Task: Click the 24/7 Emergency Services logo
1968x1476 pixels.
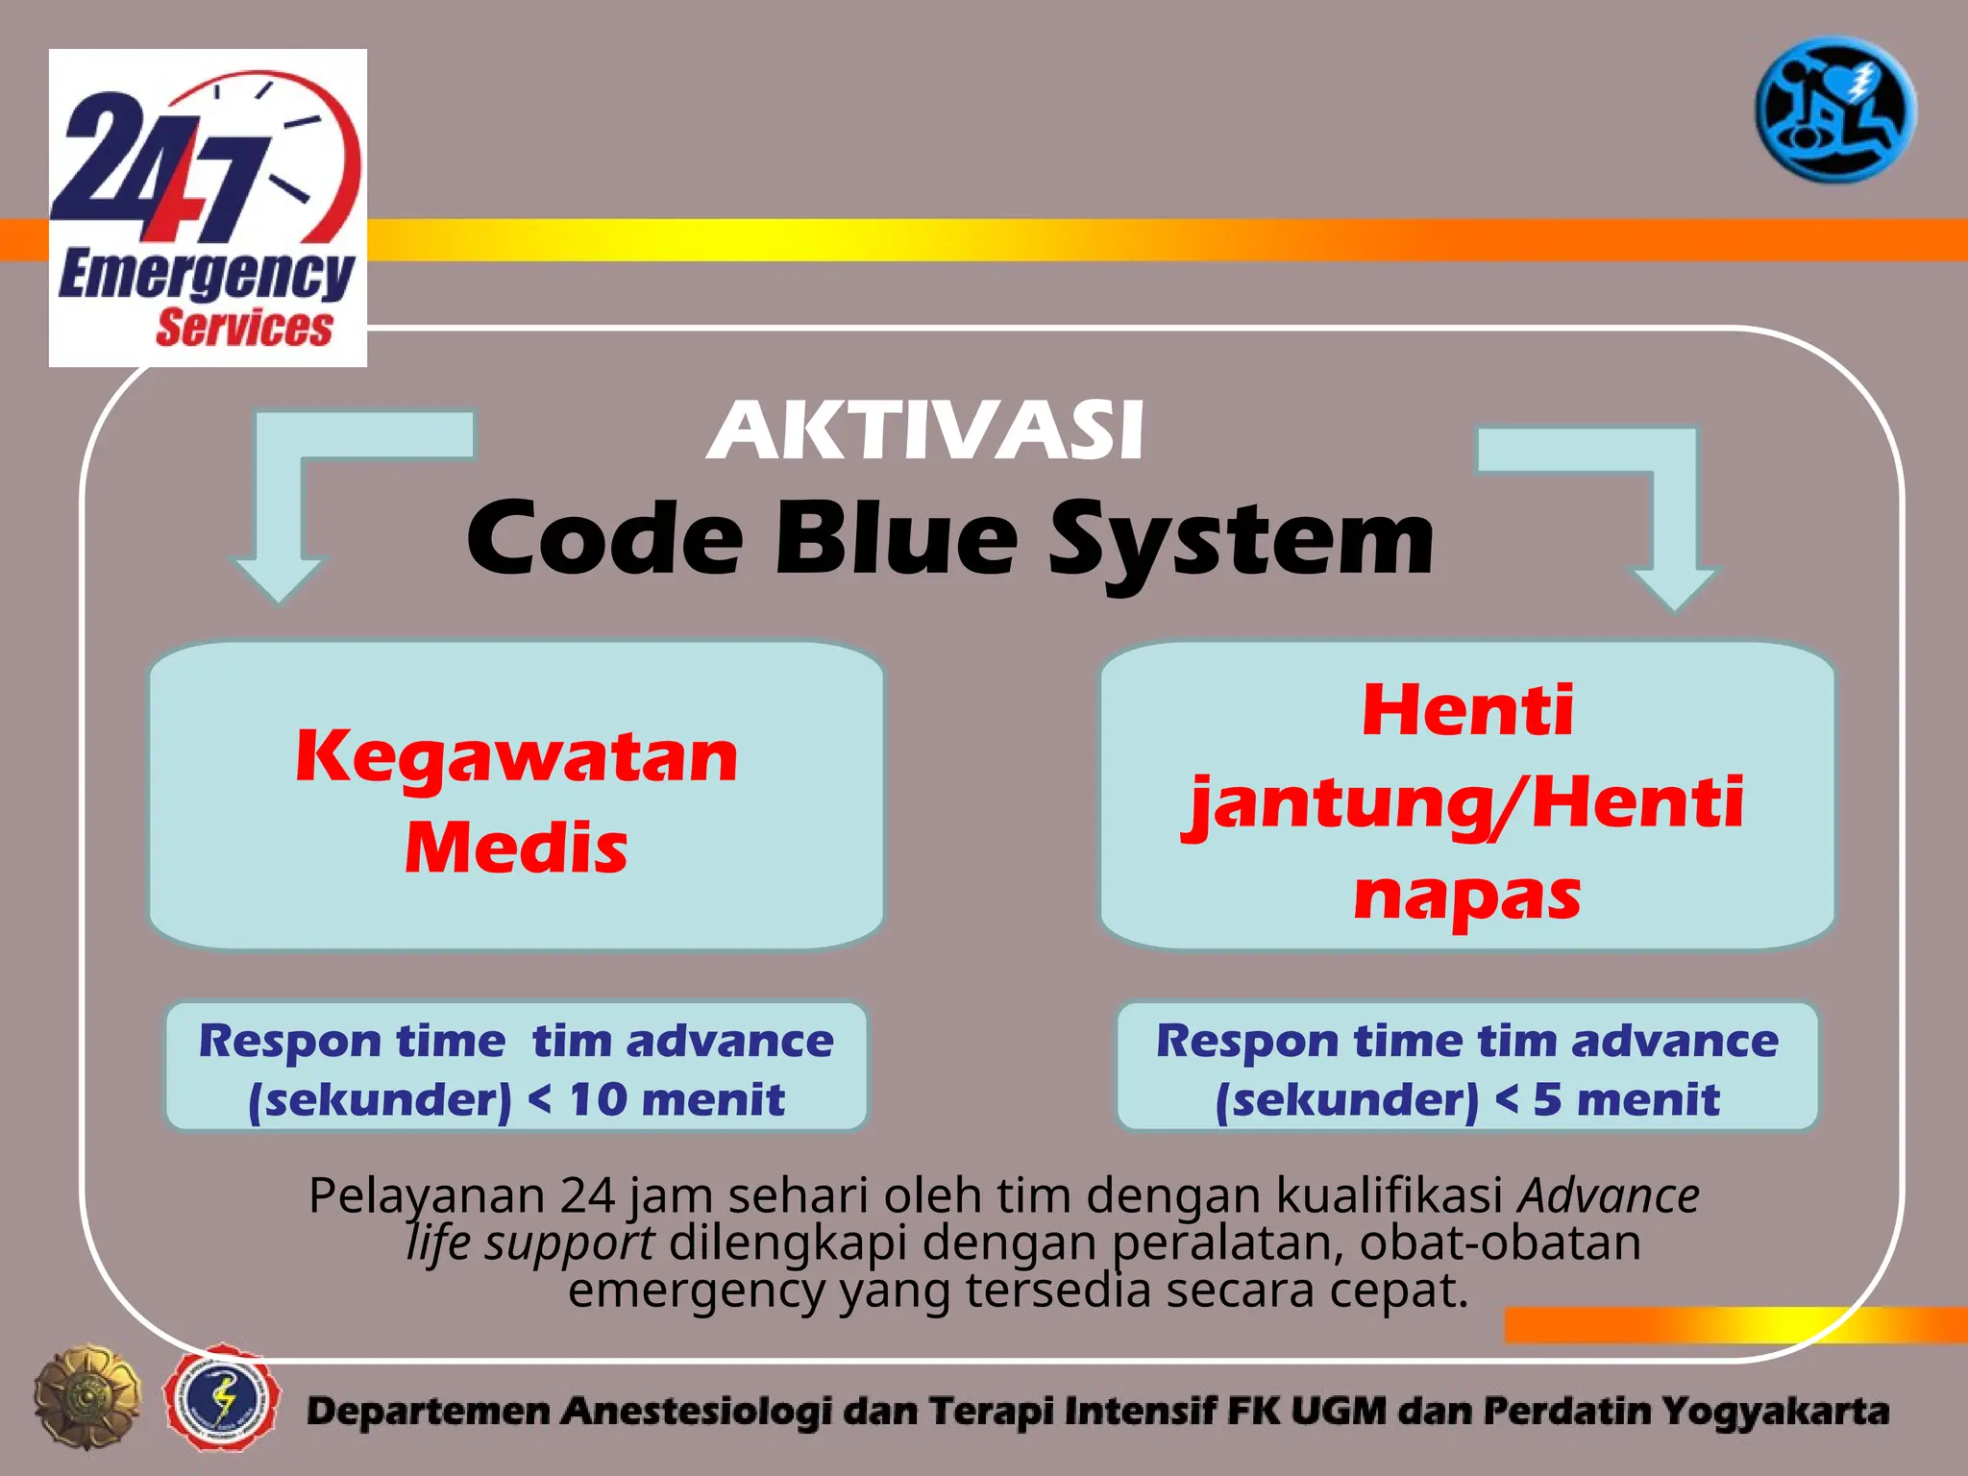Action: point(208,208)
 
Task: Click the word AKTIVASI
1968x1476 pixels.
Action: point(925,431)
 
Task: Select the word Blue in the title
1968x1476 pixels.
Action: point(896,538)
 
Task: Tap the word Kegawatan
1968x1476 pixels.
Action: point(517,756)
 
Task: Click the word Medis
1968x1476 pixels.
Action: point(516,848)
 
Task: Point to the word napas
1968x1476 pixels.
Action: point(1466,895)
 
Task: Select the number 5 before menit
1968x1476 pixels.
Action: point(1547,1099)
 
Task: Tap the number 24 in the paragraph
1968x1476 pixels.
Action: point(587,1195)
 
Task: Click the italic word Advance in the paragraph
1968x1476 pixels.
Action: point(1609,1195)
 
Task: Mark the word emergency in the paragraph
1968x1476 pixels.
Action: point(697,1290)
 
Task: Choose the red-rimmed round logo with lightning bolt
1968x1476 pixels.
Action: point(222,1398)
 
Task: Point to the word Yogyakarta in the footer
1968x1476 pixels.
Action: point(1775,1411)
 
